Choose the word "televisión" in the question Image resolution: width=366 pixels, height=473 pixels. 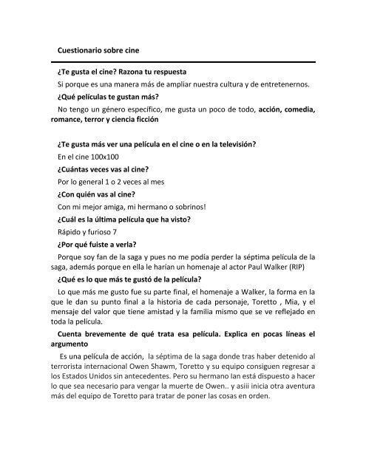pos(262,145)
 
